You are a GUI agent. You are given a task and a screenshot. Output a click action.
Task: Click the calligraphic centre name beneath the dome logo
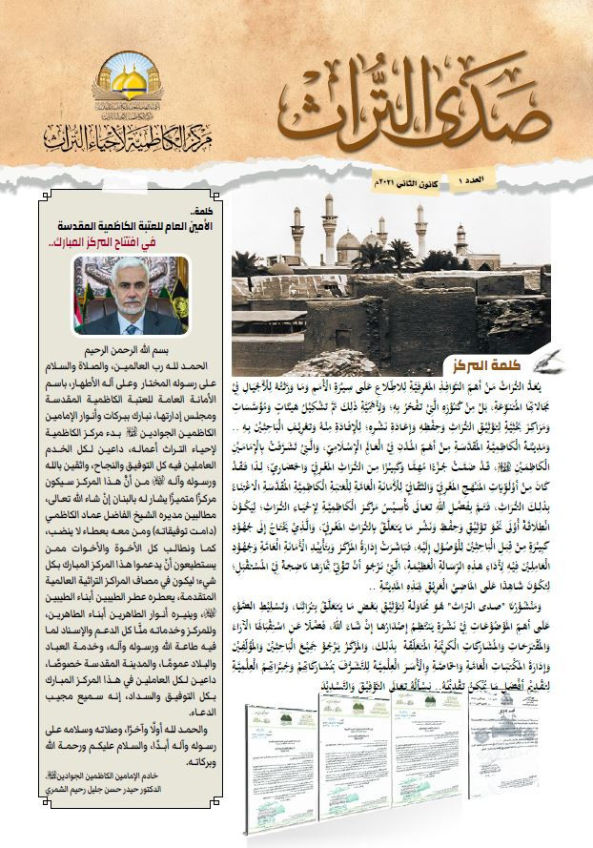click(128, 140)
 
